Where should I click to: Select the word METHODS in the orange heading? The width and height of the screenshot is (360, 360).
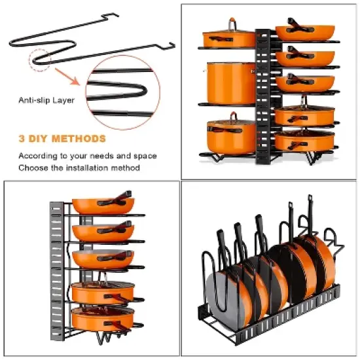[79, 139]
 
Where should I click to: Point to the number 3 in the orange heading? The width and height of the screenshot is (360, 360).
[22, 139]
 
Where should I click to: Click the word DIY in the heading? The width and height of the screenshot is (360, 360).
[38, 139]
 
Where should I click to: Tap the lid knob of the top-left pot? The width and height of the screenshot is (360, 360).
[231, 23]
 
